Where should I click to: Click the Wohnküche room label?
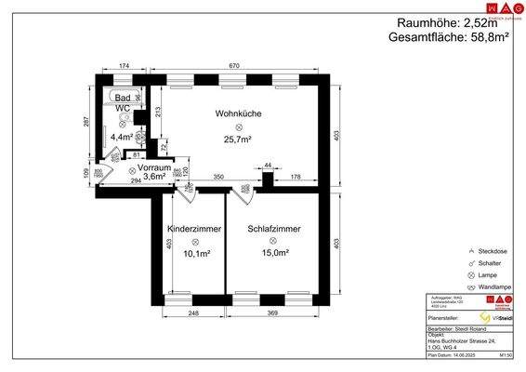pyautogui.click(x=238, y=113)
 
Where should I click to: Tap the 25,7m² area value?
pyautogui.click(x=238, y=139)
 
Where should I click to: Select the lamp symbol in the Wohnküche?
pyautogui.click(x=238, y=126)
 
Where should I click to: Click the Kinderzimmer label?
pyautogui.click(x=194, y=228)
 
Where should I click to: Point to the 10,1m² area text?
pyautogui.click(x=194, y=253)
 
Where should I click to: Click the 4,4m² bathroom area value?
pyautogui.click(x=123, y=138)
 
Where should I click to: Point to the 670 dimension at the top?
pyautogui.click(x=236, y=67)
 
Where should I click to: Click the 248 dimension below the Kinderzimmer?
pyautogui.click(x=193, y=312)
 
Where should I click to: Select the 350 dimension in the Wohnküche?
pyautogui.click(x=218, y=176)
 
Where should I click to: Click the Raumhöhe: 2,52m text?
pyautogui.click(x=447, y=22)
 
